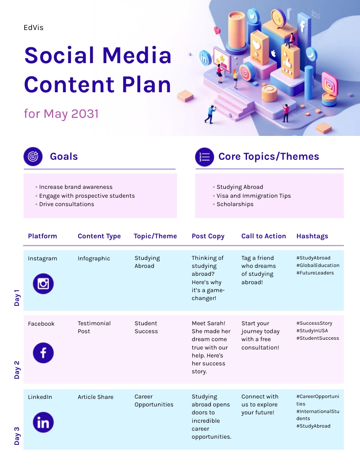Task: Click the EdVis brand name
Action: [x=34, y=28]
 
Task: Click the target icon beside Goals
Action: [x=33, y=156]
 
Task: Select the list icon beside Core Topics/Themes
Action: [x=204, y=157]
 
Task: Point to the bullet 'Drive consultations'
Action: [x=66, y=204]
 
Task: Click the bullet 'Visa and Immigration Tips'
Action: [x=253, y=195]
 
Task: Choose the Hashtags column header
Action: [x=312, y=236]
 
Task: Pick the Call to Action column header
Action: [x=263, y=236]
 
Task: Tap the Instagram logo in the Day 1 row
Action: [x=43, y=284]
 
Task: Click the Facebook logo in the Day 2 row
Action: [x=43, y=353]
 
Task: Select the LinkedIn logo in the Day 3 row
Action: [x=43, y=422]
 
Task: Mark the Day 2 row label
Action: [x=17, y=370]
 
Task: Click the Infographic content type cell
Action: [x=94, y=259]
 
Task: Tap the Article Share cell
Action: [x=95, y=397]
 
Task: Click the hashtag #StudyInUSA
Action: [x=312, y=331]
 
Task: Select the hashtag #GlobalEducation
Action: [x=318, y=265]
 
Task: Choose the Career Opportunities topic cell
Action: [x=154, y=400]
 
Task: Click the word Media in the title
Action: [x=137, y=55]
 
